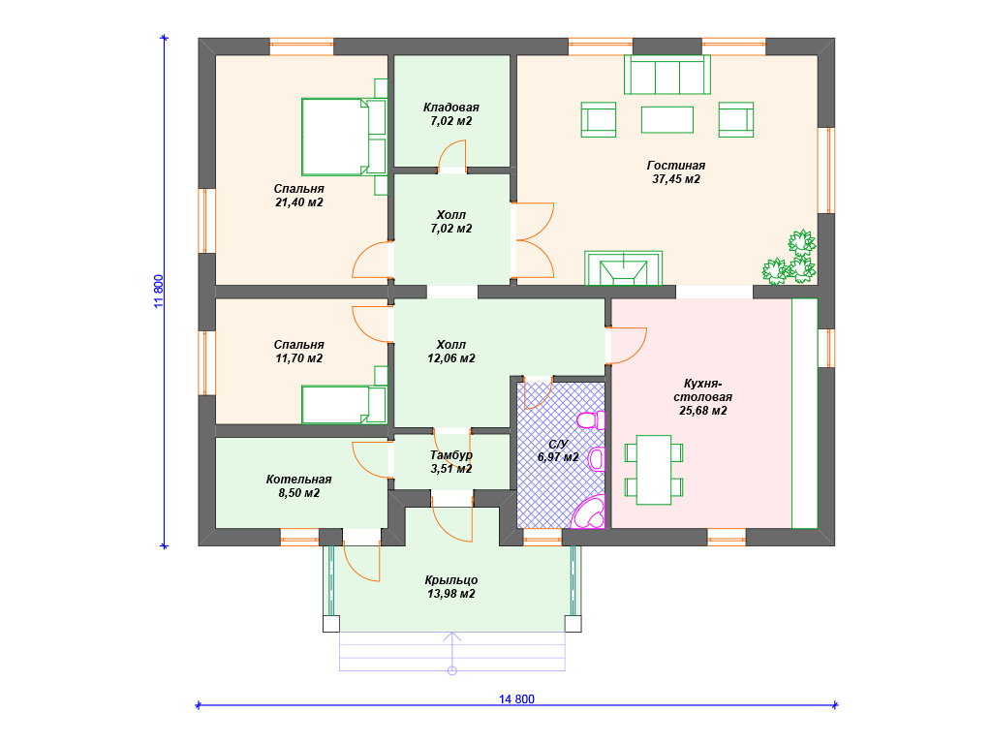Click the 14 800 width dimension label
(516, 699)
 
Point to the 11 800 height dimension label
(159, 291)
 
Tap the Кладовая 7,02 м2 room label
(451, 114)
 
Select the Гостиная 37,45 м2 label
(675, 172)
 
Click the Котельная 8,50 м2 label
(298, 486)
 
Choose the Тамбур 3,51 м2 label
(451, 462)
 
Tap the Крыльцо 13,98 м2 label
(451, 586)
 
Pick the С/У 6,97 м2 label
(558, 450)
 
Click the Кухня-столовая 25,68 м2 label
(702, 396)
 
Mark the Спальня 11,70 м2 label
(298, 351)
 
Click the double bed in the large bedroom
(344, 137)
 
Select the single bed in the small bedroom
(344, 404)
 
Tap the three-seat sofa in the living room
(667, 75)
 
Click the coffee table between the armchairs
(667, 119)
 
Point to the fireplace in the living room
(624, 268)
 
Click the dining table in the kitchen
(654, 470)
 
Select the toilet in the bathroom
(592, 420)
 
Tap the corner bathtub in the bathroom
(588, 512)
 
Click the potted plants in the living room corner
(790, 258)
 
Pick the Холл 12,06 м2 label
(451, 351)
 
